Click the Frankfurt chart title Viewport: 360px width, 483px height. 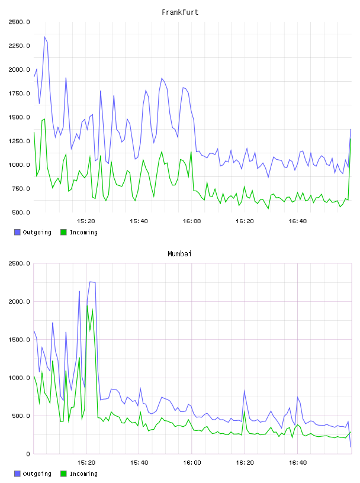180,12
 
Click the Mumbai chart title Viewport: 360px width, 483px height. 179,254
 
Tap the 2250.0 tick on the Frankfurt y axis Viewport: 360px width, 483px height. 19,46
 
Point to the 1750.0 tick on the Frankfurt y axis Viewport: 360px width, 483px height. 19,94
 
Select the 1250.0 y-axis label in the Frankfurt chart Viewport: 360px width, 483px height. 19,141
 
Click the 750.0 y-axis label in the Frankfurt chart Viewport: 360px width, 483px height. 21,189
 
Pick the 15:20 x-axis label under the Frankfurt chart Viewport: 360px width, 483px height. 86,221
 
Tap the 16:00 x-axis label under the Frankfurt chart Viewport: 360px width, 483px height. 192,221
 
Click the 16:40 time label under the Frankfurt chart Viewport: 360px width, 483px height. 297,221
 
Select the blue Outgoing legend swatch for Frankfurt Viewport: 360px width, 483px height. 17,232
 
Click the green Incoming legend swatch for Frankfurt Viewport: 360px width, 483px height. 63,232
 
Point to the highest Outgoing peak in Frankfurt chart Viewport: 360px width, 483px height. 44,37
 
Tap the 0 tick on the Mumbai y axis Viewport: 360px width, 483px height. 28,454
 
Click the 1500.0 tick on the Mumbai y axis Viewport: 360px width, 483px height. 19,340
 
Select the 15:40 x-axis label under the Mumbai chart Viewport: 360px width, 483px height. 139,463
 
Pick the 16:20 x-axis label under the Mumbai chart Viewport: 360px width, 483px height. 245,463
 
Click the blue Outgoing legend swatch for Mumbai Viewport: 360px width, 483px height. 17,474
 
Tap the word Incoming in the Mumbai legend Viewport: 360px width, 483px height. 83,474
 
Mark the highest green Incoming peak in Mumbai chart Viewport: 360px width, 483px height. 87,306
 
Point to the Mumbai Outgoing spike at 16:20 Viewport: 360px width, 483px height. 245,391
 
